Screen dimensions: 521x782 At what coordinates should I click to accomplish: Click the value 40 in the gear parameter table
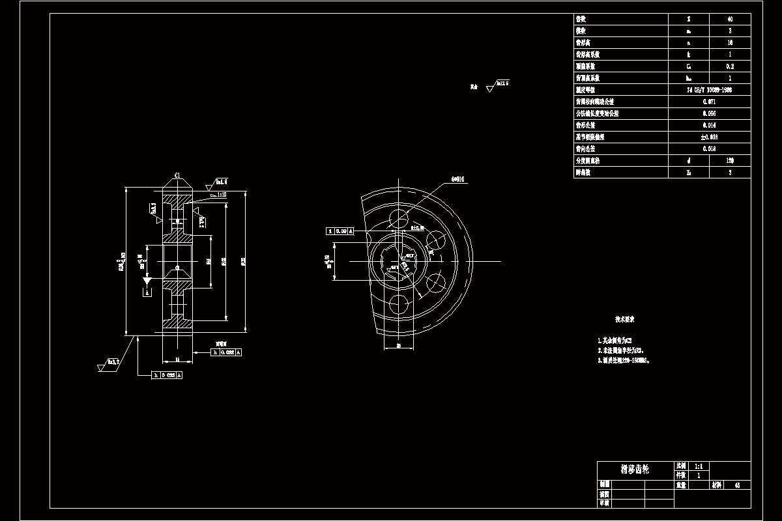(x=729, y=19)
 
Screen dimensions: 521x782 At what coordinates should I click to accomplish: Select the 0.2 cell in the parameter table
(x=729, y=66)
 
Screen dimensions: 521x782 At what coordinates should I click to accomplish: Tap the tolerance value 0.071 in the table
(x=710, y=102)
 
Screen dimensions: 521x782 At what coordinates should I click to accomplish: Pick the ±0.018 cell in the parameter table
(x=710, y=137)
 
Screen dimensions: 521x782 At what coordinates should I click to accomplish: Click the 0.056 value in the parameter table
(x=710, y=113)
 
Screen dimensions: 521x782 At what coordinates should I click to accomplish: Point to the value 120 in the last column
(x=729, y=160)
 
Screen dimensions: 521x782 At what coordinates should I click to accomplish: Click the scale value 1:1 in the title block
(x=699, y=466)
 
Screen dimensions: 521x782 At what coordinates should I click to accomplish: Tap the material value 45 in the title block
(x=737, y=485)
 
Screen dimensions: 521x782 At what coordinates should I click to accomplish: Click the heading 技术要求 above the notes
(x=625, y=320)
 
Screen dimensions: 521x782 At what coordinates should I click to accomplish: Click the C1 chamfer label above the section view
(x=177, y=175)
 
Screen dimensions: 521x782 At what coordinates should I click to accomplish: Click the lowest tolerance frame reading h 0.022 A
(x=167, y=375)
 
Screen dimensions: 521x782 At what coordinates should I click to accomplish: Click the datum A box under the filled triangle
(x=147, y=293)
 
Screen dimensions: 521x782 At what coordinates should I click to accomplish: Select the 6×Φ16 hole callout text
(x=457, y=178)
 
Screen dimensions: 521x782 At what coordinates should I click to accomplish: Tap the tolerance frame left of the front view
(x=340, y=231)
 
